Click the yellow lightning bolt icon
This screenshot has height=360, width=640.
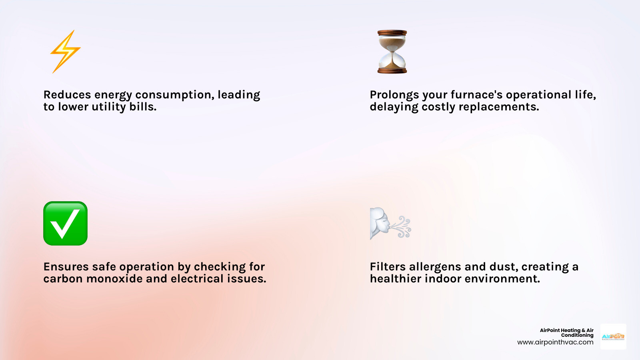(65, 52)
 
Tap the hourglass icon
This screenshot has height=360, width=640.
(392, 52)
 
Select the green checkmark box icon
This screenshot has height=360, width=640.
(65, 223)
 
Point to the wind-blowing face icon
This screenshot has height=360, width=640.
(390, 223)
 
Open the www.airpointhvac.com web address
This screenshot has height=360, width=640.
(555, 342)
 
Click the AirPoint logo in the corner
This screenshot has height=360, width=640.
(613, 336)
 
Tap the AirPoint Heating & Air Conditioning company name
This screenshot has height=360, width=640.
(567, 333)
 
